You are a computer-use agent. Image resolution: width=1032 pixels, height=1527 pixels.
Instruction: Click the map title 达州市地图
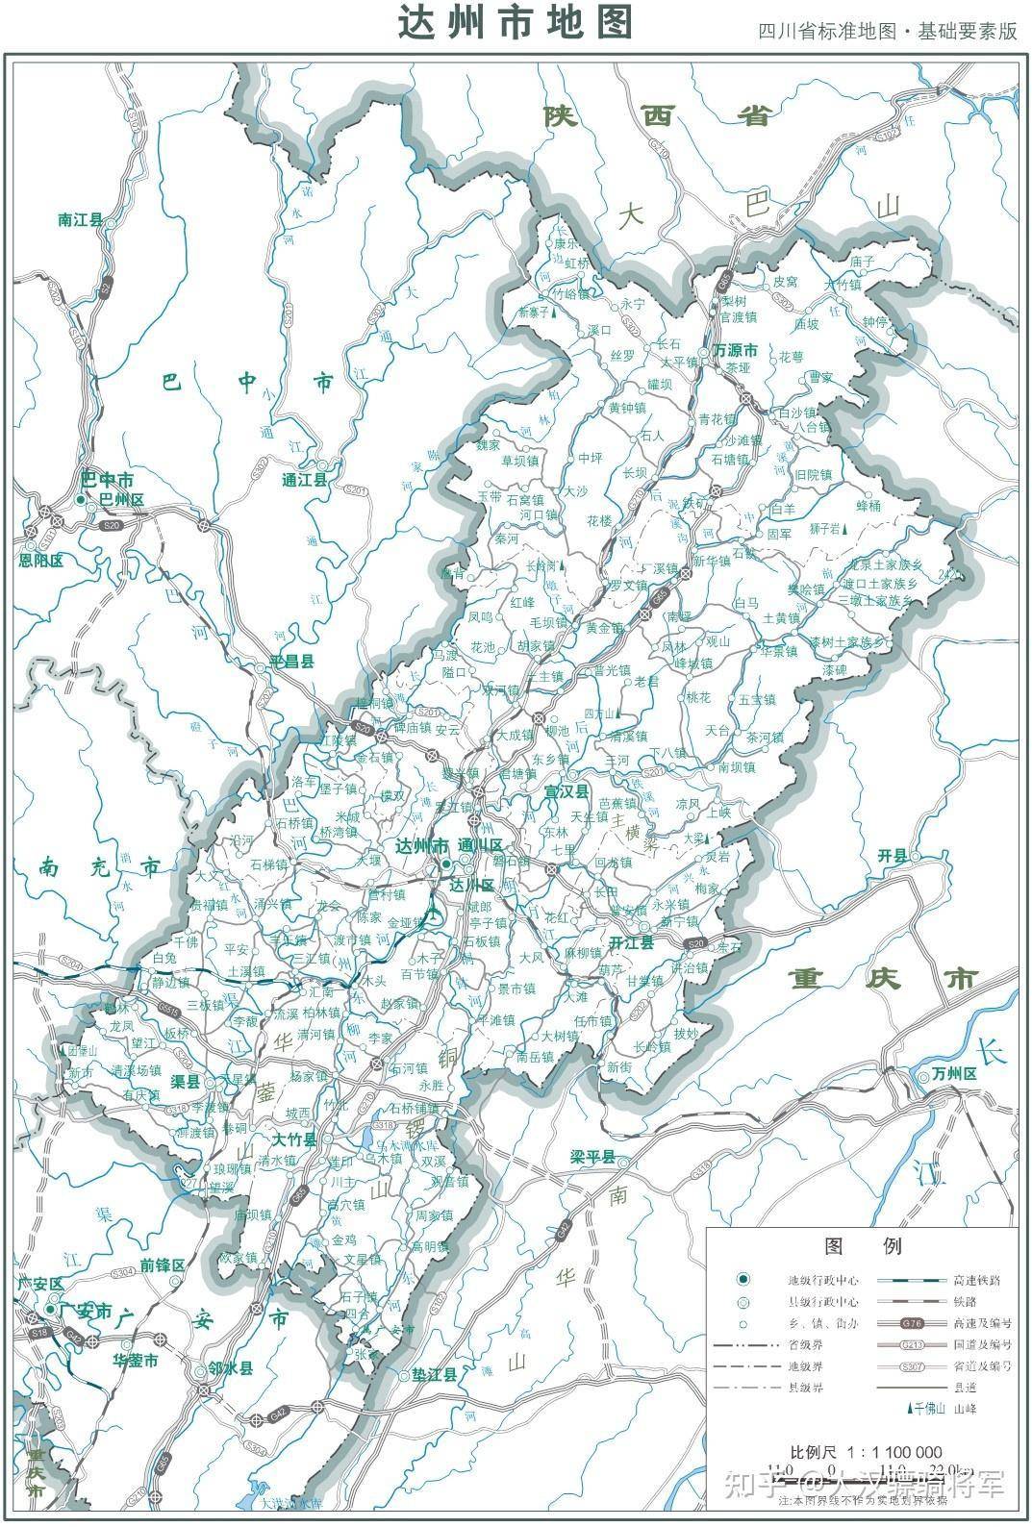(516, 23)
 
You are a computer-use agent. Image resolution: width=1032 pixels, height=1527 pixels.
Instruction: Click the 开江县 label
(632, 942)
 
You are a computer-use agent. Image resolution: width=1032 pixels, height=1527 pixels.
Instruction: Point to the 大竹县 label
(293, 1140)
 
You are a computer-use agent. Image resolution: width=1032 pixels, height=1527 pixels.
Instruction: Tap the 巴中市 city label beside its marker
(107, 479)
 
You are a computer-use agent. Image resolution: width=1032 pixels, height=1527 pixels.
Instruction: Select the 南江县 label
(80, 220)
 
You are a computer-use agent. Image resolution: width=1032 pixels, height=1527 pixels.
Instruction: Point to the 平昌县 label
(291, 662)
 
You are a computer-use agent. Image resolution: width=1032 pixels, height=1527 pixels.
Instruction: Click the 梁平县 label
(592, 1158)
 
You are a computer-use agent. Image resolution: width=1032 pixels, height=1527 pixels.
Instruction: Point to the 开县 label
(893, 855)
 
